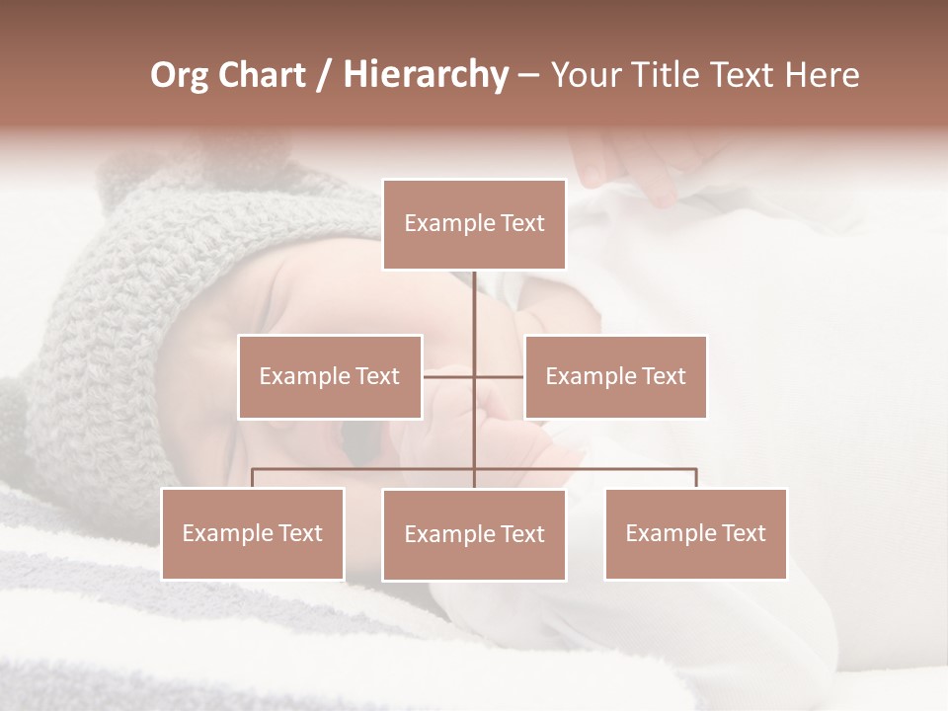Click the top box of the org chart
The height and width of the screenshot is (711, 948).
474,224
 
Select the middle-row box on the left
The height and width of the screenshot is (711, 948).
330,376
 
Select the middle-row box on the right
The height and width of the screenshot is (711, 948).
615,376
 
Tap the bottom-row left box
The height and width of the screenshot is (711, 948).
253,533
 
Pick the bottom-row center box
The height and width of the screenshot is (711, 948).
474,534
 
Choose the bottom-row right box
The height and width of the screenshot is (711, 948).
695,533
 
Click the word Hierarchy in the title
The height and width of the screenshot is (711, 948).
425,75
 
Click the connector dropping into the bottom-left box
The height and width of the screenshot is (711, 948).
253,478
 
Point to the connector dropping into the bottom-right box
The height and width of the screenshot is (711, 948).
695,478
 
